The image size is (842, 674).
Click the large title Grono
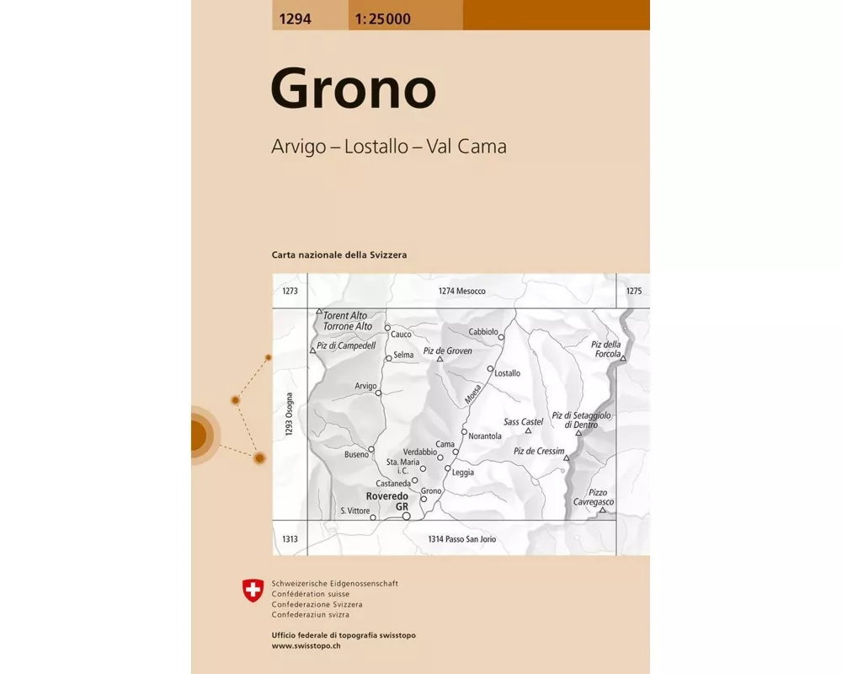pos(353,88)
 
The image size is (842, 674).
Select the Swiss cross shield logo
pos(253,591)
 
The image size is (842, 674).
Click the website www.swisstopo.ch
pos(307,645)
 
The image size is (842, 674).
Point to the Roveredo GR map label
pos(386,501)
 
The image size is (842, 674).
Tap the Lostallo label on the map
pos(508,373)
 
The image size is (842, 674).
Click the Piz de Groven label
pos(447,350)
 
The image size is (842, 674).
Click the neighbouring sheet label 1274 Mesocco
pos(461,292)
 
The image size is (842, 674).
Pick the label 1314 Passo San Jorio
pos(464,539)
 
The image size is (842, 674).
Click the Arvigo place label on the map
pos(365,386)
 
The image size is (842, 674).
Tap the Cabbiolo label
pos(483,331)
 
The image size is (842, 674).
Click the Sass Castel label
pos(523,421)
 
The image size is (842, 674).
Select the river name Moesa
pos(472,393)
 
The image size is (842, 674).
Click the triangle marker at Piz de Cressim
pos(567,458)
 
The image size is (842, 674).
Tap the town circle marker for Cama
pos(456,452)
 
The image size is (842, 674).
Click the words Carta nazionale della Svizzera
pos(339,254)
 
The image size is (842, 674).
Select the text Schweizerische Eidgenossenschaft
pos(334,583)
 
